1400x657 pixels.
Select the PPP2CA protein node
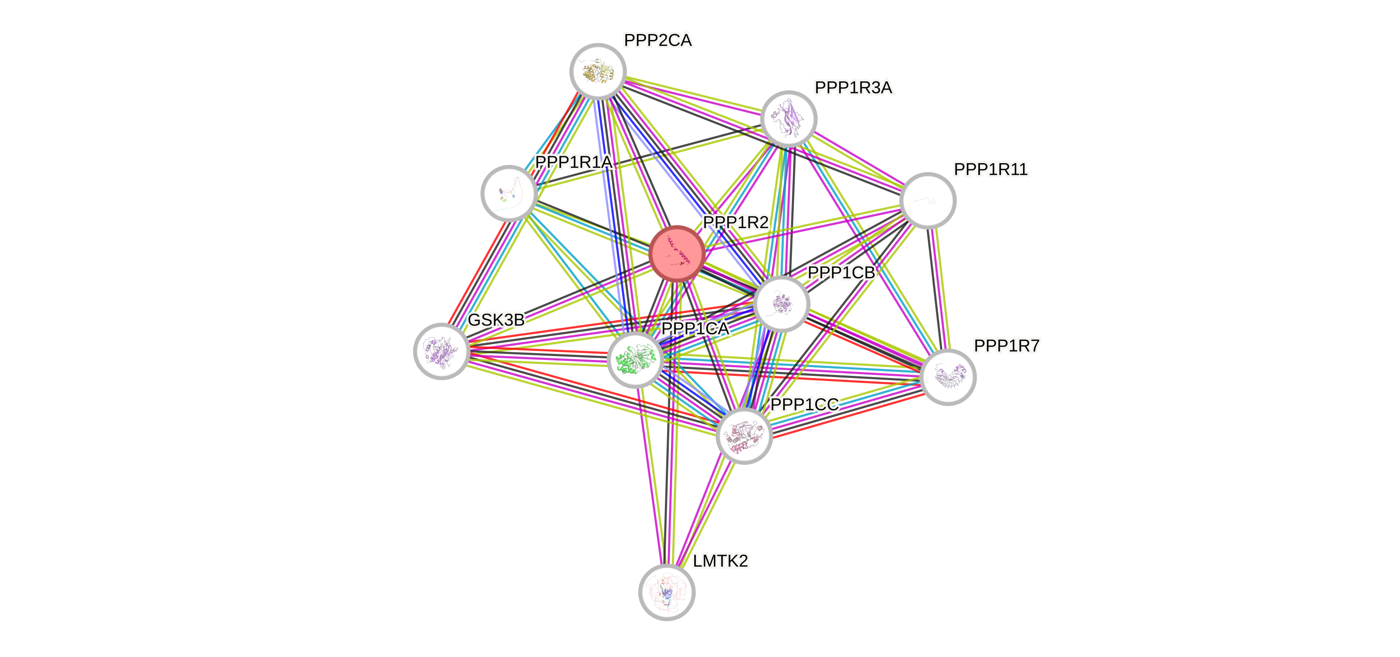click(598, 71)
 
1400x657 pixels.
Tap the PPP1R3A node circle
click(788, 118)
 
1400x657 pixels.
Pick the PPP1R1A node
click(509, 193)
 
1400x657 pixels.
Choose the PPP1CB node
click(782, 304)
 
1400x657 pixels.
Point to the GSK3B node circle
click(441, 351)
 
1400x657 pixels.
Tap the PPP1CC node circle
click(744, 436)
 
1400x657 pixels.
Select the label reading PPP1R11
click(991, 170)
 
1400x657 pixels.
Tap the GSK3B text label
click(496, 320)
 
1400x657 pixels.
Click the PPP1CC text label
click(805, 405)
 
